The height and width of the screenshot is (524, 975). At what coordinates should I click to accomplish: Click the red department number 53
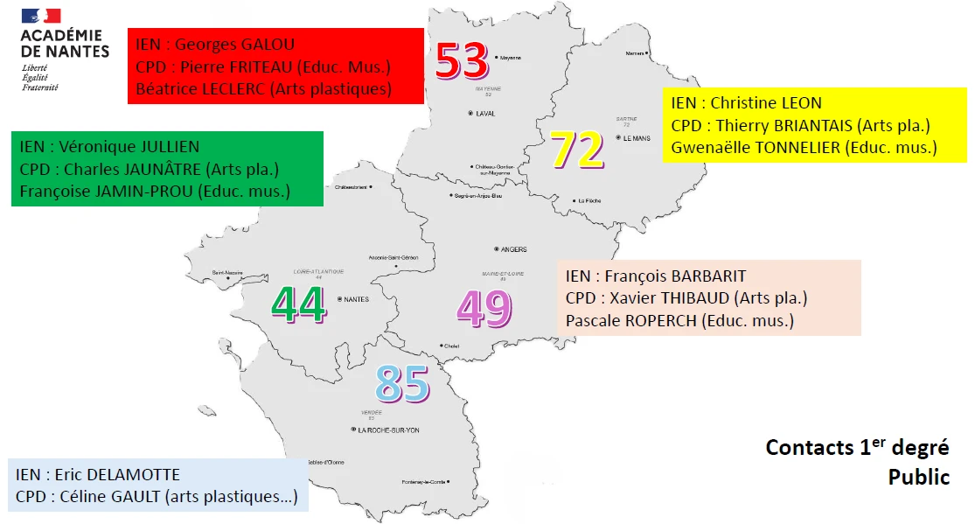click(461, 60)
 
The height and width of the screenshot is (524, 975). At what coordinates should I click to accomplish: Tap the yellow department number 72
click(577, 150)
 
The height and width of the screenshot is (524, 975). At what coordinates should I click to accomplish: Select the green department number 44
click(299, 304)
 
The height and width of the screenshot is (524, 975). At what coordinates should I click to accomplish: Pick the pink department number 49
click(484, 308)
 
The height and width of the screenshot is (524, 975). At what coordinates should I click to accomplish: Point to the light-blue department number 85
click(402, 383)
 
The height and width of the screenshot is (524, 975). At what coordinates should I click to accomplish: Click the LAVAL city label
click(485, 114)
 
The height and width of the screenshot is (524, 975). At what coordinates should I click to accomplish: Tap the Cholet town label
click(451, 346)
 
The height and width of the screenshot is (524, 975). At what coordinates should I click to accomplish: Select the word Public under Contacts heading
click(918, 478)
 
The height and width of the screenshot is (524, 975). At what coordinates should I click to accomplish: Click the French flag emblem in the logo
click(41, 16)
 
